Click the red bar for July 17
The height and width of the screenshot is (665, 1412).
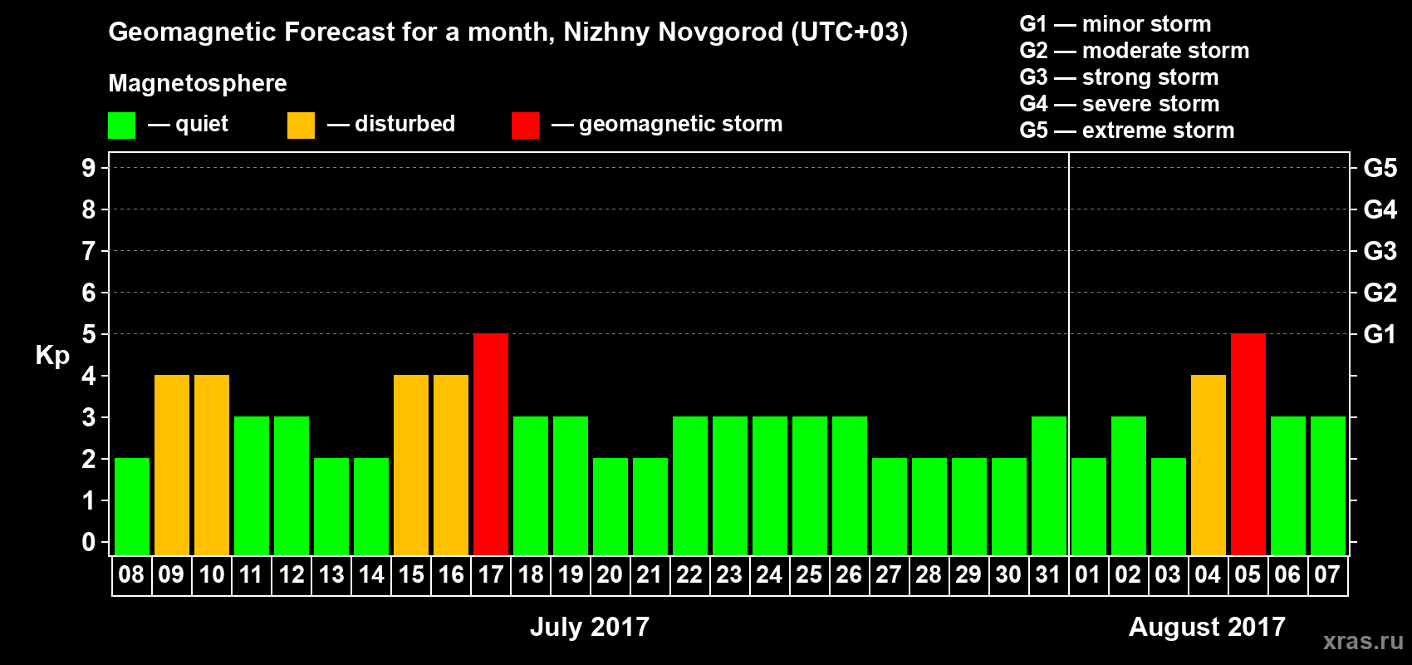tap(491, 444)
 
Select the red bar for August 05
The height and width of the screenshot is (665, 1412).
tap(1248, 444)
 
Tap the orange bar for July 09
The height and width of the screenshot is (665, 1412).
tap(172, 465)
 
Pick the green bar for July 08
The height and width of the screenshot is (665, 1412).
tap(132, 506)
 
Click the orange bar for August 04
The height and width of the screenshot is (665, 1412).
tap(1209, 465)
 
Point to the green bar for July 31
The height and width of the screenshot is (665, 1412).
tap(1049, 485)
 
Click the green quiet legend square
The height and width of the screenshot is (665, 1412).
tap(121, 126)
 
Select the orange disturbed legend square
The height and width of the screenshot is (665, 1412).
tap(301, 126)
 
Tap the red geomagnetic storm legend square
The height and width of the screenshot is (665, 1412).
tap(525, 126)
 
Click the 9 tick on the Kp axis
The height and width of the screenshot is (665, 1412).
tap(89, 168)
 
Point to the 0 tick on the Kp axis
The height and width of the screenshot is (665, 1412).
tap(89, 542)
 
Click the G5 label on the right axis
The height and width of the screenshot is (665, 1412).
tap(1380, 168)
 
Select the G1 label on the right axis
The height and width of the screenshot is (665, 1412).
tap(1380, 334)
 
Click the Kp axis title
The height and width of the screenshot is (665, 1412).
tap(52, 355)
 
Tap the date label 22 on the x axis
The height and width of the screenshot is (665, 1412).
tap(689, 574)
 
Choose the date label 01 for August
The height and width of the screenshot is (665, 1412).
tap(1088, 574)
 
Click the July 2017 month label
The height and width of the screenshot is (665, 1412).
tap(590, 626)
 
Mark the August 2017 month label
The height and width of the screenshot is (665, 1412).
tap(1207, 626)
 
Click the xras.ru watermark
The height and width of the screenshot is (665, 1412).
tap(1363, 641)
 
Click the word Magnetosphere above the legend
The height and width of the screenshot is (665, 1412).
tap(198, 83)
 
